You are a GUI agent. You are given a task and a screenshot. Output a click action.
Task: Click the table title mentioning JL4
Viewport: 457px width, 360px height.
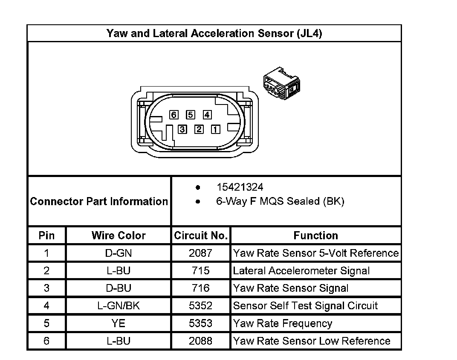(x=214, y=34)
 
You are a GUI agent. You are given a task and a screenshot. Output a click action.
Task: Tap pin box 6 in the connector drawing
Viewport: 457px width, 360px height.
(x=173, y=115)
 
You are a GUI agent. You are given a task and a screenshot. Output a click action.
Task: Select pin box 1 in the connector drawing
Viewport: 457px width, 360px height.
(x=216, y=129)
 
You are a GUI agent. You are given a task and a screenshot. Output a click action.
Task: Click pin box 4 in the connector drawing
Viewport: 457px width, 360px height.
(x=207, y=115)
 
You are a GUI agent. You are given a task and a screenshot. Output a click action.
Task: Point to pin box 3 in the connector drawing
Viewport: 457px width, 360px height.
(x=182, y=129)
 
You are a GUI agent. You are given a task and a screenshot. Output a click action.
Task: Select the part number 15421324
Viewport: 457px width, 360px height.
(x=240, y=187)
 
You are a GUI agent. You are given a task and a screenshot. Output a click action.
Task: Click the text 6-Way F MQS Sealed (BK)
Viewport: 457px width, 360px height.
(x=280, y=201)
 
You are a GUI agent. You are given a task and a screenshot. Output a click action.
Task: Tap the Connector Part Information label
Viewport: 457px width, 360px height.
(x=99, y=201)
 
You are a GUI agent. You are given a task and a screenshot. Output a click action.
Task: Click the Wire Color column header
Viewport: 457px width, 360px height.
(x=119, y=235)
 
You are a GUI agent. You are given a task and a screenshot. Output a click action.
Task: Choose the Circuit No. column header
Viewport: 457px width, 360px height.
(x=201, y=235)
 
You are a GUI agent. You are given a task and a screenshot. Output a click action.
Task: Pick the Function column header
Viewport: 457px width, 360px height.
(x=315, y=235)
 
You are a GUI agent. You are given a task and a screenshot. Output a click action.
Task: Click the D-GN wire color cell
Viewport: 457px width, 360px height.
(x=119, y=253)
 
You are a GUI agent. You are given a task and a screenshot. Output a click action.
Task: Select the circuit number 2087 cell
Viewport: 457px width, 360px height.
(x=200, y=253)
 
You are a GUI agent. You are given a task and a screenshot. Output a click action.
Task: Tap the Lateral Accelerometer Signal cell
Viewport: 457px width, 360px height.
(x=301, y=271)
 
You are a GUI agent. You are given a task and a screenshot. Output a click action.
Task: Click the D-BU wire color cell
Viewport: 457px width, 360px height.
(x=119, y=288)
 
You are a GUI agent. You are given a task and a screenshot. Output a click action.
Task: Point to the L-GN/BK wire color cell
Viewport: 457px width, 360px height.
(x=119, y=306)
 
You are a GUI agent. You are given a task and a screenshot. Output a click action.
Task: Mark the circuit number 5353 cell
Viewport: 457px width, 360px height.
(x=200, y=323)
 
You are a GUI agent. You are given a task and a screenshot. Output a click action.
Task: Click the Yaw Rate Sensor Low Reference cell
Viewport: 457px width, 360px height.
(x=312, y=341)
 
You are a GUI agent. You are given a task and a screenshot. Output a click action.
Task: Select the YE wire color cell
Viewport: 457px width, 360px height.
(x=119, y=323)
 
